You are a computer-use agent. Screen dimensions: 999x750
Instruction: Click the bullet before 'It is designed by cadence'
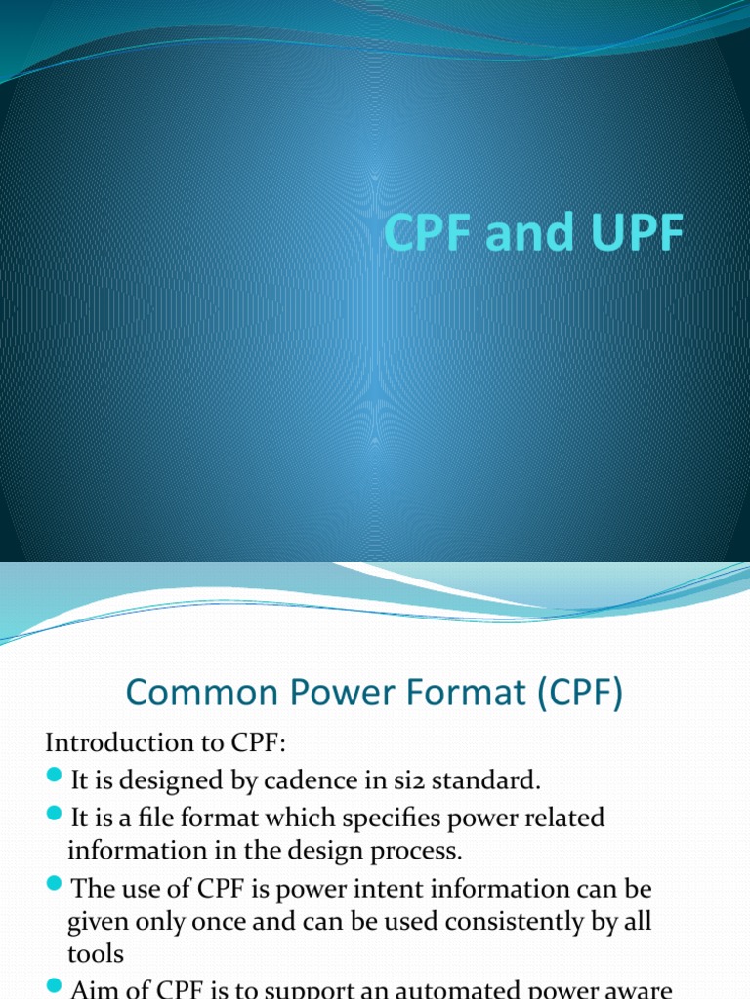[x=55, y=779]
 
